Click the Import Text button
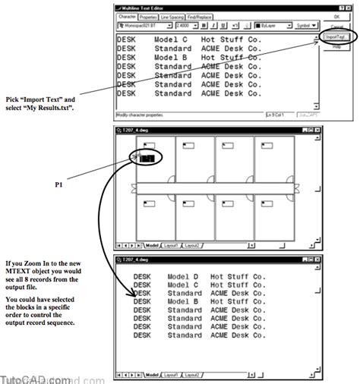334,36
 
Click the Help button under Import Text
334,46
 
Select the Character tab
125,15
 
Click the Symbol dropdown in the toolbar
303,24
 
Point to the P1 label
59,184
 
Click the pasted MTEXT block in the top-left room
147,159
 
